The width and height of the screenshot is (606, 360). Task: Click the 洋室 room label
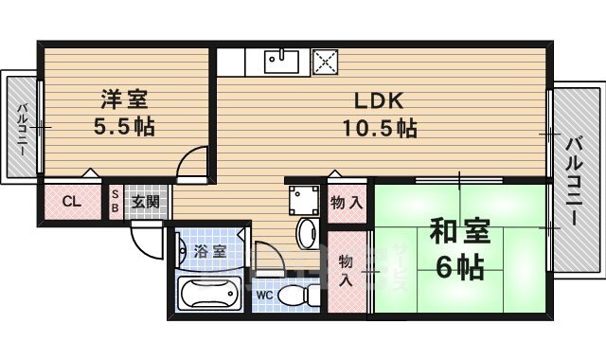(x=124, y=98)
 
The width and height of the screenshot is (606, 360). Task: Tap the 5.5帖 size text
(x=124, y=127)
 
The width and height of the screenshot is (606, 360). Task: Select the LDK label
(x=380, y=99)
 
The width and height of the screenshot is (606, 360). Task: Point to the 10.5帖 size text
(x=380, y=129)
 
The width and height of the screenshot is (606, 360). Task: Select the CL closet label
(x=71, y=202)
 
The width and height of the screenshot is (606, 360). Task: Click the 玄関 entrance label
(x=146, y=202)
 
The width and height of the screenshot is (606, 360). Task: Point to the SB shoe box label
(x=116, y=202)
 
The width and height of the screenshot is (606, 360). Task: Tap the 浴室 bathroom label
(x=209, y=251)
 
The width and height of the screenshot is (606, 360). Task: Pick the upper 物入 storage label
(x=347, y=202)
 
